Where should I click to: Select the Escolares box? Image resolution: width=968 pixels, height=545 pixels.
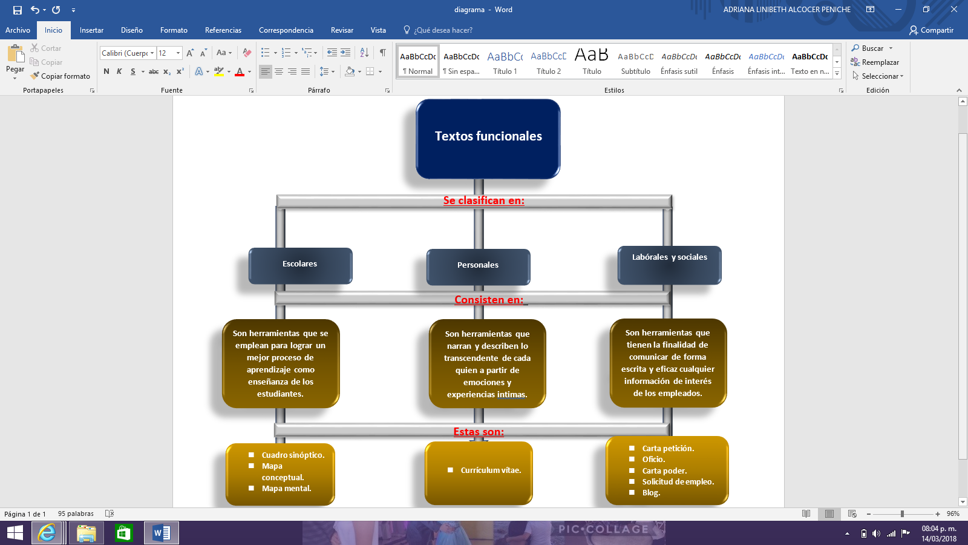[300, 265]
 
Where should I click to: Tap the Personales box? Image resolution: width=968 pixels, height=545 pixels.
[478, 266]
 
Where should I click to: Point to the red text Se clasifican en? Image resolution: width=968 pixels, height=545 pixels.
[483, 200]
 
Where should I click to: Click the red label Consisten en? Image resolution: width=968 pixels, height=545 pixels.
[489, 300]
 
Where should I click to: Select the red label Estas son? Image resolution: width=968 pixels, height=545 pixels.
[479, 432]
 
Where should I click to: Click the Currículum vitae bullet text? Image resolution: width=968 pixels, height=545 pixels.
[491, 471]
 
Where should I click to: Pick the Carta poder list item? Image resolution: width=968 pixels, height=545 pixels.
[664, 471]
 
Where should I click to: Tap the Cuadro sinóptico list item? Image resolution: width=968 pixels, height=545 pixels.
[293, 455]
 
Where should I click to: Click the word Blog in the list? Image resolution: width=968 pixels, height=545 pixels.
[651, 493]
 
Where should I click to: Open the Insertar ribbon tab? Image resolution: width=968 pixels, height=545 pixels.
[91, 30]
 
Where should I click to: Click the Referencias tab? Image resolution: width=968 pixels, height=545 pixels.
[223, 30]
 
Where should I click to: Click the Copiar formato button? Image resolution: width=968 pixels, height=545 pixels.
[60, 76]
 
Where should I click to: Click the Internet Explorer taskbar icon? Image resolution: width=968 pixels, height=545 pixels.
[47, 533]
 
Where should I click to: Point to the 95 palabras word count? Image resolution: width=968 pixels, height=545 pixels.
[76, 514]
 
